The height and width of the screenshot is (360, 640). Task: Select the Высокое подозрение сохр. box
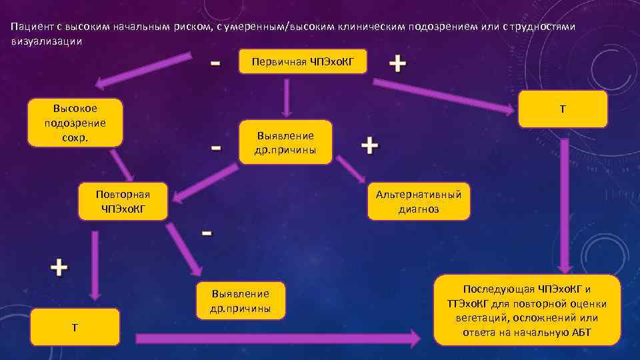coord(75,123)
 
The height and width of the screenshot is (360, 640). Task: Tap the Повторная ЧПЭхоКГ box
coord(123,201)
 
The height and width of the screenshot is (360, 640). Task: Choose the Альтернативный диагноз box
coord(419,201)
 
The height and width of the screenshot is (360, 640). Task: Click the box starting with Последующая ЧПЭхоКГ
coord(527,310)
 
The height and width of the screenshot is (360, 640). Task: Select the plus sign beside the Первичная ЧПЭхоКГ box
coord(397,64)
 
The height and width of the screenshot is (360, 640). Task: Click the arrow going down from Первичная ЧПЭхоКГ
coord(286,98)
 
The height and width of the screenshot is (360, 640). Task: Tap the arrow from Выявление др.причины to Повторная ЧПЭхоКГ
coord(207,181)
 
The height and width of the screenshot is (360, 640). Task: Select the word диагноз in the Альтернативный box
coord(419,209)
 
